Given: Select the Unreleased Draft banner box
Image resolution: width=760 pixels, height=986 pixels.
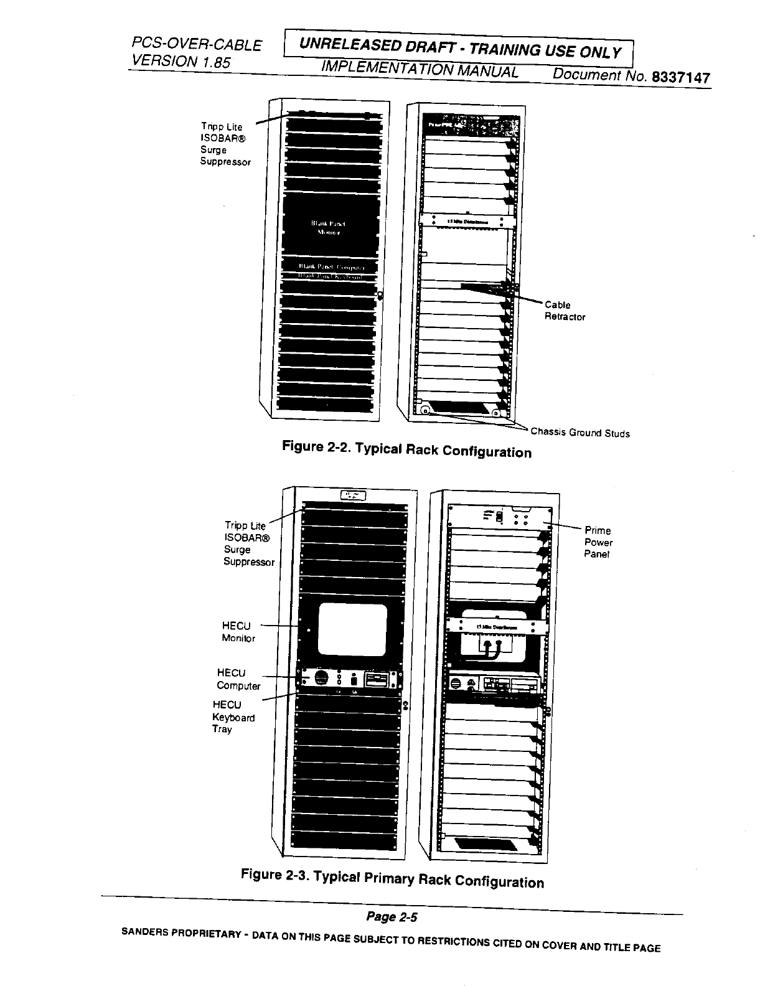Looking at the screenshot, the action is tap(459, 49).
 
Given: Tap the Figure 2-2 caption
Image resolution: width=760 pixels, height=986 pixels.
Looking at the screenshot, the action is tap(406, 449).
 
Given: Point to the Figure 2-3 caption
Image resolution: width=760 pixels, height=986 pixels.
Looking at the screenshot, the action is tap(392, 878).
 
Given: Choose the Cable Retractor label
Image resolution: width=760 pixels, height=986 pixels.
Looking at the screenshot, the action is tap(565, 311).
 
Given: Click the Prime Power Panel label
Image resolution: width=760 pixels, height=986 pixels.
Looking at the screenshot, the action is tap(598, 542).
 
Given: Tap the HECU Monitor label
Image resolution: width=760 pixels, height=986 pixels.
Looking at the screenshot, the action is tap(238, 632).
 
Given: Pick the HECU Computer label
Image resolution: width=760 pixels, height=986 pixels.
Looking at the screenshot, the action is tap(238, 679).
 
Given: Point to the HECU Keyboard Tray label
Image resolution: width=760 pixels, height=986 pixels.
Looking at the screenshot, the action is tap(233, 717).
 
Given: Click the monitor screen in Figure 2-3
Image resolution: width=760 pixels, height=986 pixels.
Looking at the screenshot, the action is tap(353, 631).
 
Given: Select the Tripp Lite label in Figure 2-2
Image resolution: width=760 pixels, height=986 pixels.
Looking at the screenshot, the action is tap(225, 144).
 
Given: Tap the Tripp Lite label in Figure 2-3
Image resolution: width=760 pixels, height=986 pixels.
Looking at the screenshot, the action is tap(248, 543).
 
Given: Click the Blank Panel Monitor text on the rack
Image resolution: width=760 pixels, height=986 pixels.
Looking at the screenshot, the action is tap(328, 228).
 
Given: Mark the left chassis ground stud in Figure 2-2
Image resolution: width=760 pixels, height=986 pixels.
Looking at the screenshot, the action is tap(425, 411).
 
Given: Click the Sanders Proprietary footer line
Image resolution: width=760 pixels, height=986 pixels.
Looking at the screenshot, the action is tap(390, 940).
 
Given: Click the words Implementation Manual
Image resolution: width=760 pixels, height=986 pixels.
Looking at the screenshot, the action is tap(420, 70).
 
